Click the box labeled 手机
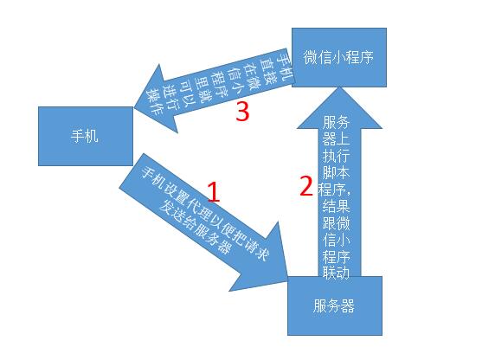(86, 136)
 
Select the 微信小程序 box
(339, 57)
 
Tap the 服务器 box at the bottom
(335, 305)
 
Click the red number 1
(214, 192)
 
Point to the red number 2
(305, 185)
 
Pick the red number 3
(242, 111)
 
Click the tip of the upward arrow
(339, 87)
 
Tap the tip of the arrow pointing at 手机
(134, 107)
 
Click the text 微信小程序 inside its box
(338, 57)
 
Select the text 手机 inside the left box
(85, 136)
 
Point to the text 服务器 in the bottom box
(334, 305)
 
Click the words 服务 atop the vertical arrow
(336, 122)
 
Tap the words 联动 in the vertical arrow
(336, 272)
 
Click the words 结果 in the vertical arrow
(336, 207)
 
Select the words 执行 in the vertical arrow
(336, 156)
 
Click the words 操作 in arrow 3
(154, 100)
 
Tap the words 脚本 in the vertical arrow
(336, 172)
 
